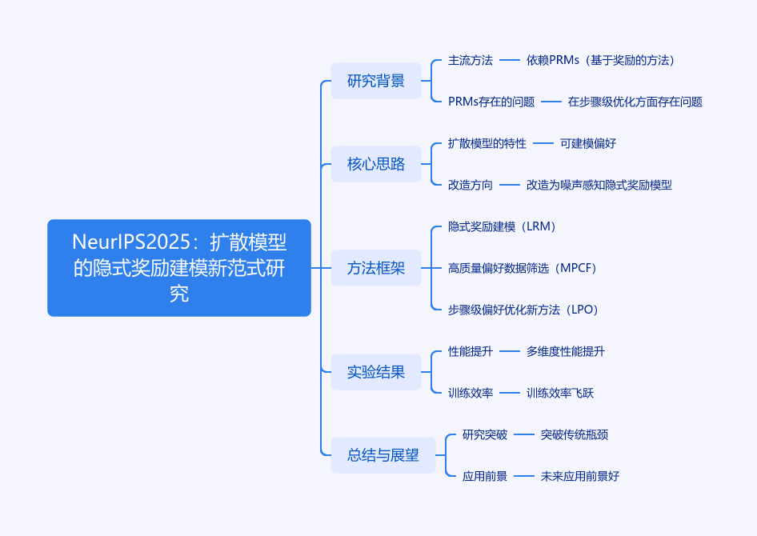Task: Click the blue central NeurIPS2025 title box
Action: tap(178, 268)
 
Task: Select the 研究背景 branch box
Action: tap(375, 81)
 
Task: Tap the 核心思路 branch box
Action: tap(375, 164)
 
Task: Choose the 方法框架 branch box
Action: tap(375, 268)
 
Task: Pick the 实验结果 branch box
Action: tap(375, 372)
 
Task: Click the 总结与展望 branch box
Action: tap(383, 455)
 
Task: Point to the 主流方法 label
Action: tap(470, 60)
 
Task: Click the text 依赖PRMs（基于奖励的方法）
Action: tap(600, 60)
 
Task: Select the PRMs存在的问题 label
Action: tap(491, 102)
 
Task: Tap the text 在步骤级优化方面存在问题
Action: tap(635, 102)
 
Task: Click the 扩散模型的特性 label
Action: tap(487, 143)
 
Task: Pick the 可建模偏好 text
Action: tap(587, 143)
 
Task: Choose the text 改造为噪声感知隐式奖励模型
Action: tap(599, 185)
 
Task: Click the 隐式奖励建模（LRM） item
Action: tap(502, 226)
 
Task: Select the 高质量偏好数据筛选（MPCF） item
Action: tap(523, 268)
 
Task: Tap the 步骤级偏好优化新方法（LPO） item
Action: tap(523, 310)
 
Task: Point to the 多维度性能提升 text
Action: tap(565, 351)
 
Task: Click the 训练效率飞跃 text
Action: tap(559, 393)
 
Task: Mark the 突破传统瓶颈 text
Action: tap(574, 434)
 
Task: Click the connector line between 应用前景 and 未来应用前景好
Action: tap(523, 476)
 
